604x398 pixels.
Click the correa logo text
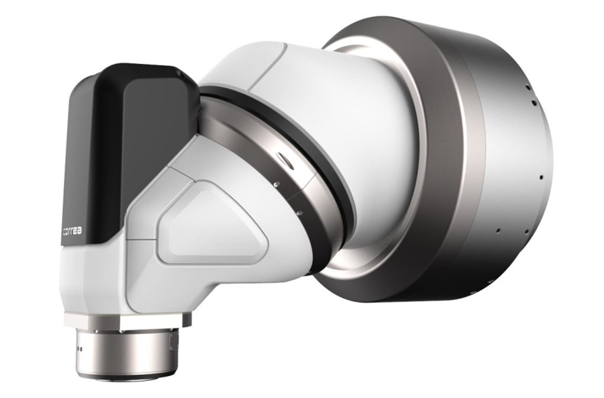point(73,231)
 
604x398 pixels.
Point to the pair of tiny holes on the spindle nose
point(80,350)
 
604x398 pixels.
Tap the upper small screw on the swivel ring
point(276,184)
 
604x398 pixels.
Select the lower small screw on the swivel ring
point(299,212)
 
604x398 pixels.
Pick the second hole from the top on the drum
point(533,103)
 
